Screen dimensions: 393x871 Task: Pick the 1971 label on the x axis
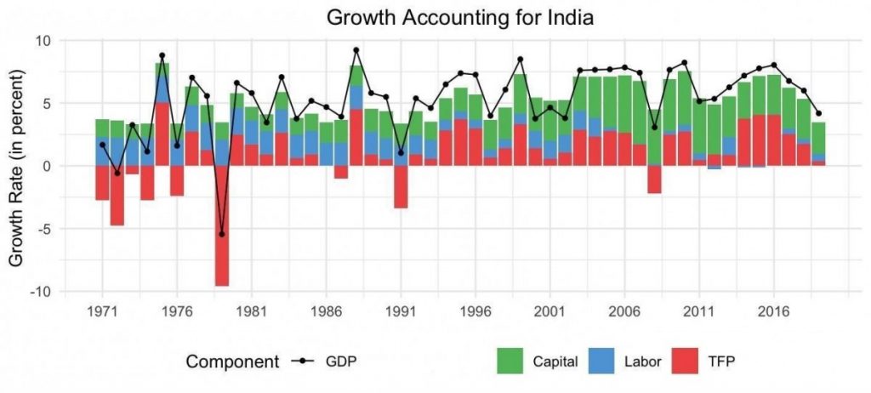coord(102,310)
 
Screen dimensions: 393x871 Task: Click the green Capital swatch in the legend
coord(513,361)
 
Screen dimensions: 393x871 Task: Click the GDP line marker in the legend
coord(303,361)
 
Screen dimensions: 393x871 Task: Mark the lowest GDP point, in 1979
coord(222,234)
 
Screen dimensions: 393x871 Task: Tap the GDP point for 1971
coord(102,145)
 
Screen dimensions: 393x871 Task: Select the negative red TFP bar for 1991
coord(401,187)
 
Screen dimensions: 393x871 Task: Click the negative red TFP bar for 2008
coord(654,179)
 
